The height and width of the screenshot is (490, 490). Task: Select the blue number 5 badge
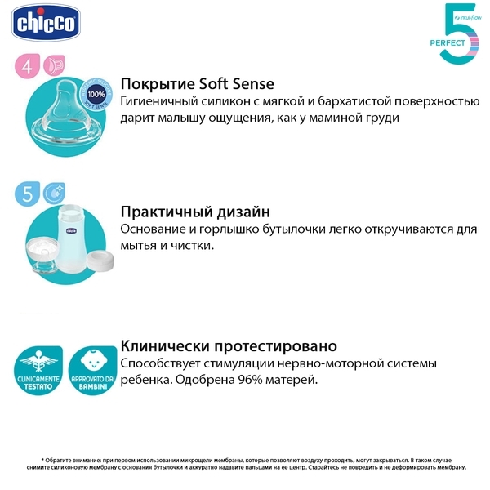coord(28,194)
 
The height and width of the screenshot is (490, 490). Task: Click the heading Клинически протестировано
coord(229,345)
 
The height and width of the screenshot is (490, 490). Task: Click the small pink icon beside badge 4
coord(55,65)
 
